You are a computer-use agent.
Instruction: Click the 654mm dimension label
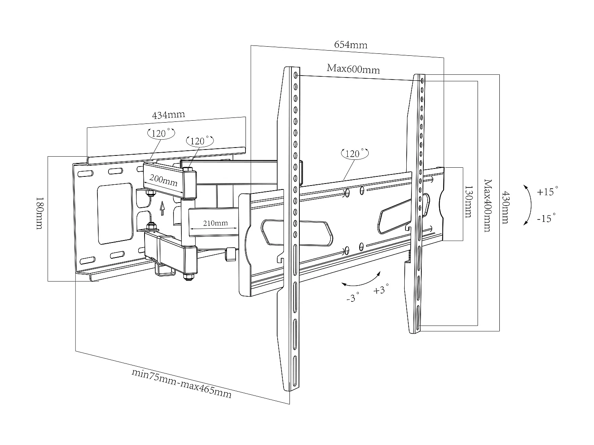(x=350, y=44)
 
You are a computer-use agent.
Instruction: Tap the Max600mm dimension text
(x=353, y=69)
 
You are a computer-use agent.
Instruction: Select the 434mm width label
(x=168, y=115)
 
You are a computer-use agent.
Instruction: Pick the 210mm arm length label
(x=215, y=223)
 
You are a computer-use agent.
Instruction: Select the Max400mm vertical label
(x=487, y=205)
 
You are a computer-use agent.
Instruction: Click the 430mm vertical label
(x=505, y=207)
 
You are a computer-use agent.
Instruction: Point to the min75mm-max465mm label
(x=181, y=383)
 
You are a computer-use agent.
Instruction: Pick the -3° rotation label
(x=352, y=297)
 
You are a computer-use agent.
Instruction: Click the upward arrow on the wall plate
(x=162, y=208)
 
